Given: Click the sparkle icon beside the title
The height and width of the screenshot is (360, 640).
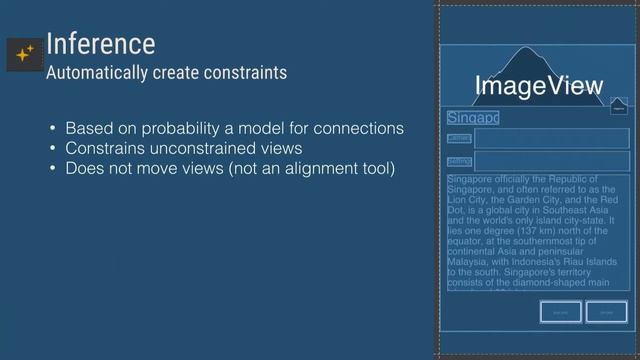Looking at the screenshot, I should point(24,55).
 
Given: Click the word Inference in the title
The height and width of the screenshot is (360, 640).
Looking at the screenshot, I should point(100,43).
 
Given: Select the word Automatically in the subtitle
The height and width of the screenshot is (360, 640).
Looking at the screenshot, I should point(97,73).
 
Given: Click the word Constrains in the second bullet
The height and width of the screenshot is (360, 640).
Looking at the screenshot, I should point(104,149).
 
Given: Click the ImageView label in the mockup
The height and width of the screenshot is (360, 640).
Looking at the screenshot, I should point(539,86).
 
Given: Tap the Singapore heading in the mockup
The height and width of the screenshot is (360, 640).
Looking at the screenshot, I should point(473,118).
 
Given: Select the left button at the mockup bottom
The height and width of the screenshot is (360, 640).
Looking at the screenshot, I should point(560,312).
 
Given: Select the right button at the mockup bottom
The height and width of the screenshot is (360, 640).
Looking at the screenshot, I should point(606,312).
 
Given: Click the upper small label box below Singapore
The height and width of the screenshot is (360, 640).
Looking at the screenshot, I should point(459,138).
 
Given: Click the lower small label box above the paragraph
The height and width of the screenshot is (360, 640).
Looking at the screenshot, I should point(459,161).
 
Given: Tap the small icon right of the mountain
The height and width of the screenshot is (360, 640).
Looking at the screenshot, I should point(618,105).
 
